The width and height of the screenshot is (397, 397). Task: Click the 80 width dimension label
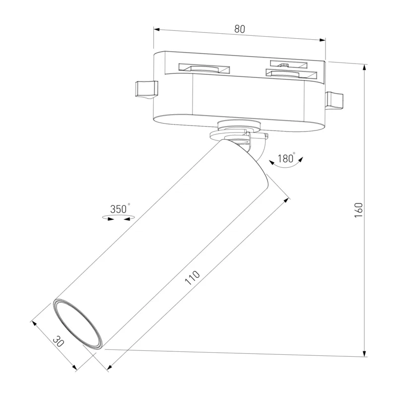click(240, 29)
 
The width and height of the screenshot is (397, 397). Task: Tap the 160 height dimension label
click(359, 210)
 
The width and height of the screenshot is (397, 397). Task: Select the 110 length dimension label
click(193, 278)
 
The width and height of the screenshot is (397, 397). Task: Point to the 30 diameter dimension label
click(59, 341)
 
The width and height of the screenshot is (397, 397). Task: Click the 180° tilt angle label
click(286, 158)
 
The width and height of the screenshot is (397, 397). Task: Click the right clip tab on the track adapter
click(334, 101)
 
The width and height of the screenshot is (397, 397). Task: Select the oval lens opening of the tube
click(78, 324)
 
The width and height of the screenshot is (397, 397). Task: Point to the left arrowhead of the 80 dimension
click(157, 30)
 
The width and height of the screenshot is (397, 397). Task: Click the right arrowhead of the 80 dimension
click(323, 40)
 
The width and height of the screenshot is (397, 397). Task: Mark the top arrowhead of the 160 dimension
click(365, 67)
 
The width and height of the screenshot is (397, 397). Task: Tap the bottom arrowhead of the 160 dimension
click(365, 353)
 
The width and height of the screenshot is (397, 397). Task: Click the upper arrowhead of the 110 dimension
click(287, 201)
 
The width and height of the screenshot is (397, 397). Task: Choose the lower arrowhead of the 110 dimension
click(110, 367)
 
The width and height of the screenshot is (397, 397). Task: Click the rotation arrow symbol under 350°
click(118, 217)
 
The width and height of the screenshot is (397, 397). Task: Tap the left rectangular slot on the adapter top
click(204, 68)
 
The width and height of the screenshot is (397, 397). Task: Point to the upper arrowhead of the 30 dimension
click(34, 324)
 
